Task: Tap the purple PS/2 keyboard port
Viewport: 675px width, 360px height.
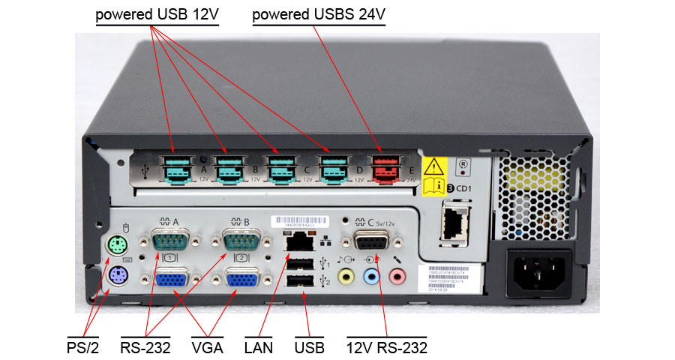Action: point(115,277)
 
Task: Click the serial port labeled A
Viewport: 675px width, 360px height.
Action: point(170,242)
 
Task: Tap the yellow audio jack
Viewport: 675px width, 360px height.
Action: point(346,277)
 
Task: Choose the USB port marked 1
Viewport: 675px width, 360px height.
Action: point(300,262)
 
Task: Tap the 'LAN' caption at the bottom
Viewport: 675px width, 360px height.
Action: point(259,347)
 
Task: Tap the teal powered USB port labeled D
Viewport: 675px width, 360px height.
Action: point(333,169)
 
